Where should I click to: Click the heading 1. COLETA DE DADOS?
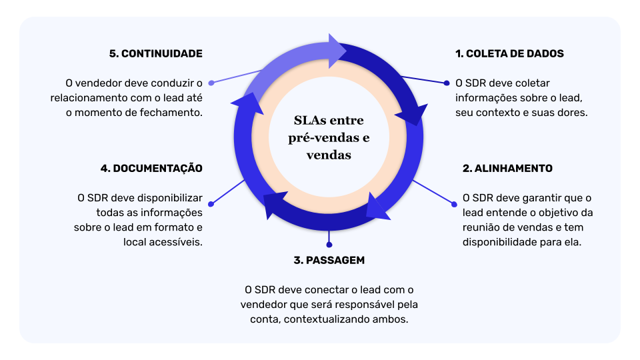pos(509,54)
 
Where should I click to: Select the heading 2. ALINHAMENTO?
pos(507,169)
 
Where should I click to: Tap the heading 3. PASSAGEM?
pos(329,260)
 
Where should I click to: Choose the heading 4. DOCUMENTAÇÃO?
pos(151,169)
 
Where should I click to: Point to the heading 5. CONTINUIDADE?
pos(155,54)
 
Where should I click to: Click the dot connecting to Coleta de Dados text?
pos(447,83)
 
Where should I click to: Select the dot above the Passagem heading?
pos(329,245)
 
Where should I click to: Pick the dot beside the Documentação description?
pos(211,204)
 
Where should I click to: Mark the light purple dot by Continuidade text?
pos(211,83)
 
